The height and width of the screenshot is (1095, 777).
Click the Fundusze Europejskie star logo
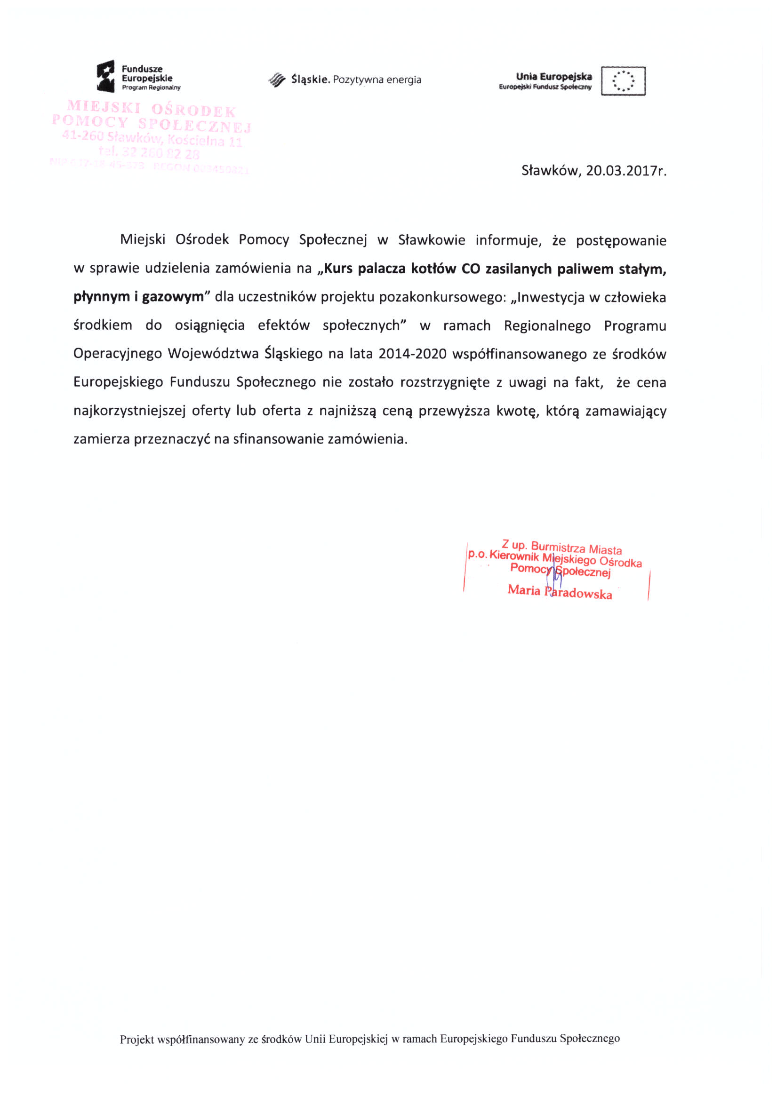coord(106,76)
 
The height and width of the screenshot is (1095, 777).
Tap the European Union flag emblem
coord(623,81)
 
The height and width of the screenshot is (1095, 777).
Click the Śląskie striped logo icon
coord(277,80)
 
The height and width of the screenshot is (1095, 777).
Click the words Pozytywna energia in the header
coord(377,80)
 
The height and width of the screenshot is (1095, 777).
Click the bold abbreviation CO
coord(471,269)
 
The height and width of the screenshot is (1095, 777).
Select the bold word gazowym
coord(173,297)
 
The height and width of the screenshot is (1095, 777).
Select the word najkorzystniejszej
coord(129,411)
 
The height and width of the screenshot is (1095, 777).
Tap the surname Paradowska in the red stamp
coord(579,593)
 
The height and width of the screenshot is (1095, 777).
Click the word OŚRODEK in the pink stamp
coord(194,111)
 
